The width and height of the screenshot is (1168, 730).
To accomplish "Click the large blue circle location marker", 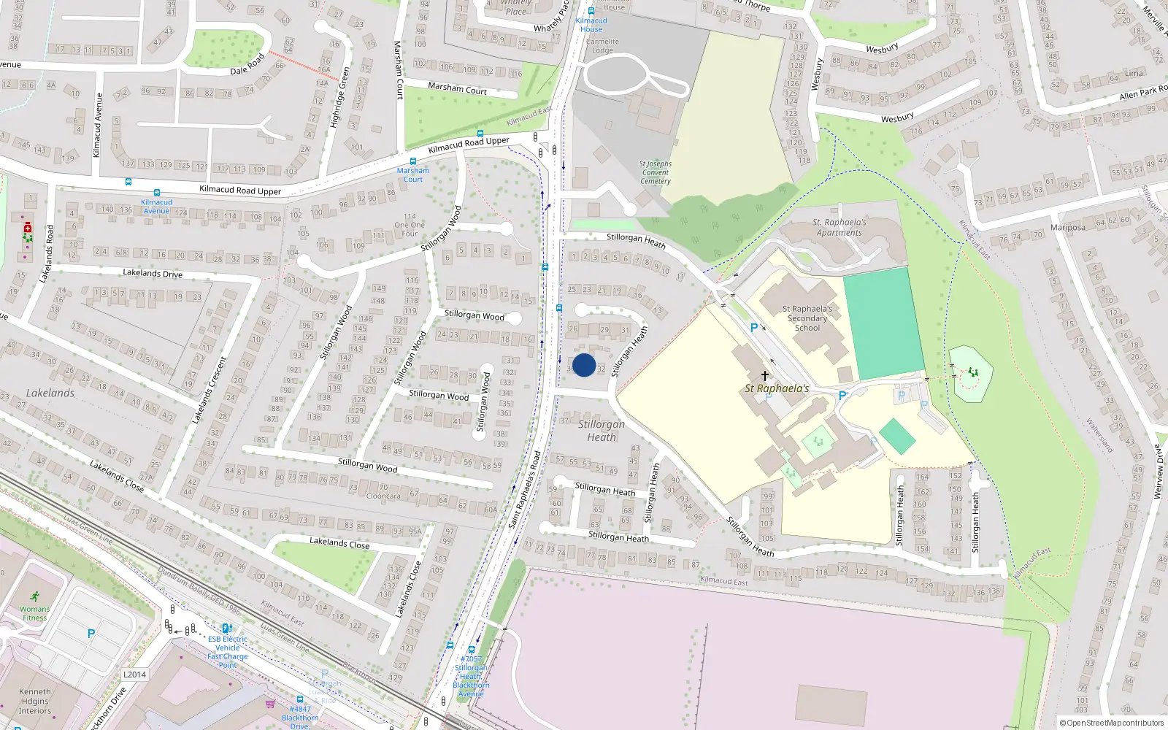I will (584, 365).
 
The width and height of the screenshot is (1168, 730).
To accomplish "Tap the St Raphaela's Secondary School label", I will (807, 318).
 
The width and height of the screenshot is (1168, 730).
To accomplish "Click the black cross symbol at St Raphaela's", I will (764, 376).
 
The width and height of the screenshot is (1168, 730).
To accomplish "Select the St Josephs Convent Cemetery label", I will (655, 173).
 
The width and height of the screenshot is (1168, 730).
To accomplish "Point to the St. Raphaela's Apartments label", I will (839, 228).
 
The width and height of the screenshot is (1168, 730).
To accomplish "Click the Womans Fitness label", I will (34, 613).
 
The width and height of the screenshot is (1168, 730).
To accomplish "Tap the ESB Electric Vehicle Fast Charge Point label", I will (227, 652).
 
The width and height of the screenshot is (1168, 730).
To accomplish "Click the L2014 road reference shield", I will (134, 675).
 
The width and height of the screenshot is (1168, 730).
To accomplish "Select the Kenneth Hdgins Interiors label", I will (35, 701).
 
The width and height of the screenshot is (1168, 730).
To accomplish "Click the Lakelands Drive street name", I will (153, 274).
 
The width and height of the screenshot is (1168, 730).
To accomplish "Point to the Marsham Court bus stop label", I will (412, 175).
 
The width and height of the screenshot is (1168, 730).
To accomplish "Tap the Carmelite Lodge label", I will (602, 46).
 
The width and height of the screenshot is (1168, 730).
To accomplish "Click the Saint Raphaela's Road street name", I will (526, 490).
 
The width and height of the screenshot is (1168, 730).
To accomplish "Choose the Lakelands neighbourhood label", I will (50, 393).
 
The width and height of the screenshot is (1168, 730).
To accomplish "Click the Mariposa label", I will (1067, 228).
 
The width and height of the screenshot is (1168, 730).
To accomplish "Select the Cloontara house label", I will (383, 496).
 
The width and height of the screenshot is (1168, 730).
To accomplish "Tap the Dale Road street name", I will (247, 66).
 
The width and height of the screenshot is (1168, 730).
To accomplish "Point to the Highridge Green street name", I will (340, 97).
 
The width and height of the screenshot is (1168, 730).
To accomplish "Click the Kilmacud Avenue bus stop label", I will (156, 207).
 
